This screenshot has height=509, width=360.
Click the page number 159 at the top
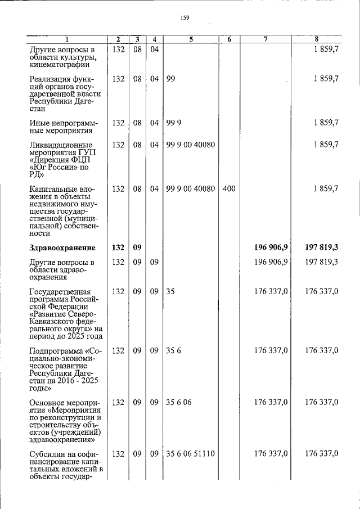[184, 17]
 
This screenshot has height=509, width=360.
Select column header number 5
[191, 39]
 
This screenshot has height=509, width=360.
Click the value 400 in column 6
[229, 189]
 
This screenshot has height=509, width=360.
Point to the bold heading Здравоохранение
[62, 247]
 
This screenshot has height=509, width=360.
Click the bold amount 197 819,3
[322, 247]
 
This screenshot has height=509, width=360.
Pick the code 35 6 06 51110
[191, 453]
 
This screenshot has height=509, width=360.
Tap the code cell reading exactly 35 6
[173, 350]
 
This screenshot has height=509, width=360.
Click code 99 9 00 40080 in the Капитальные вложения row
[191, 189]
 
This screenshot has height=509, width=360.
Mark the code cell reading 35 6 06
[179, 402]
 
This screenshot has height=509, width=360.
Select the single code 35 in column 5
[170, 291]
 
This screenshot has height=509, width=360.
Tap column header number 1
[66, 39]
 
